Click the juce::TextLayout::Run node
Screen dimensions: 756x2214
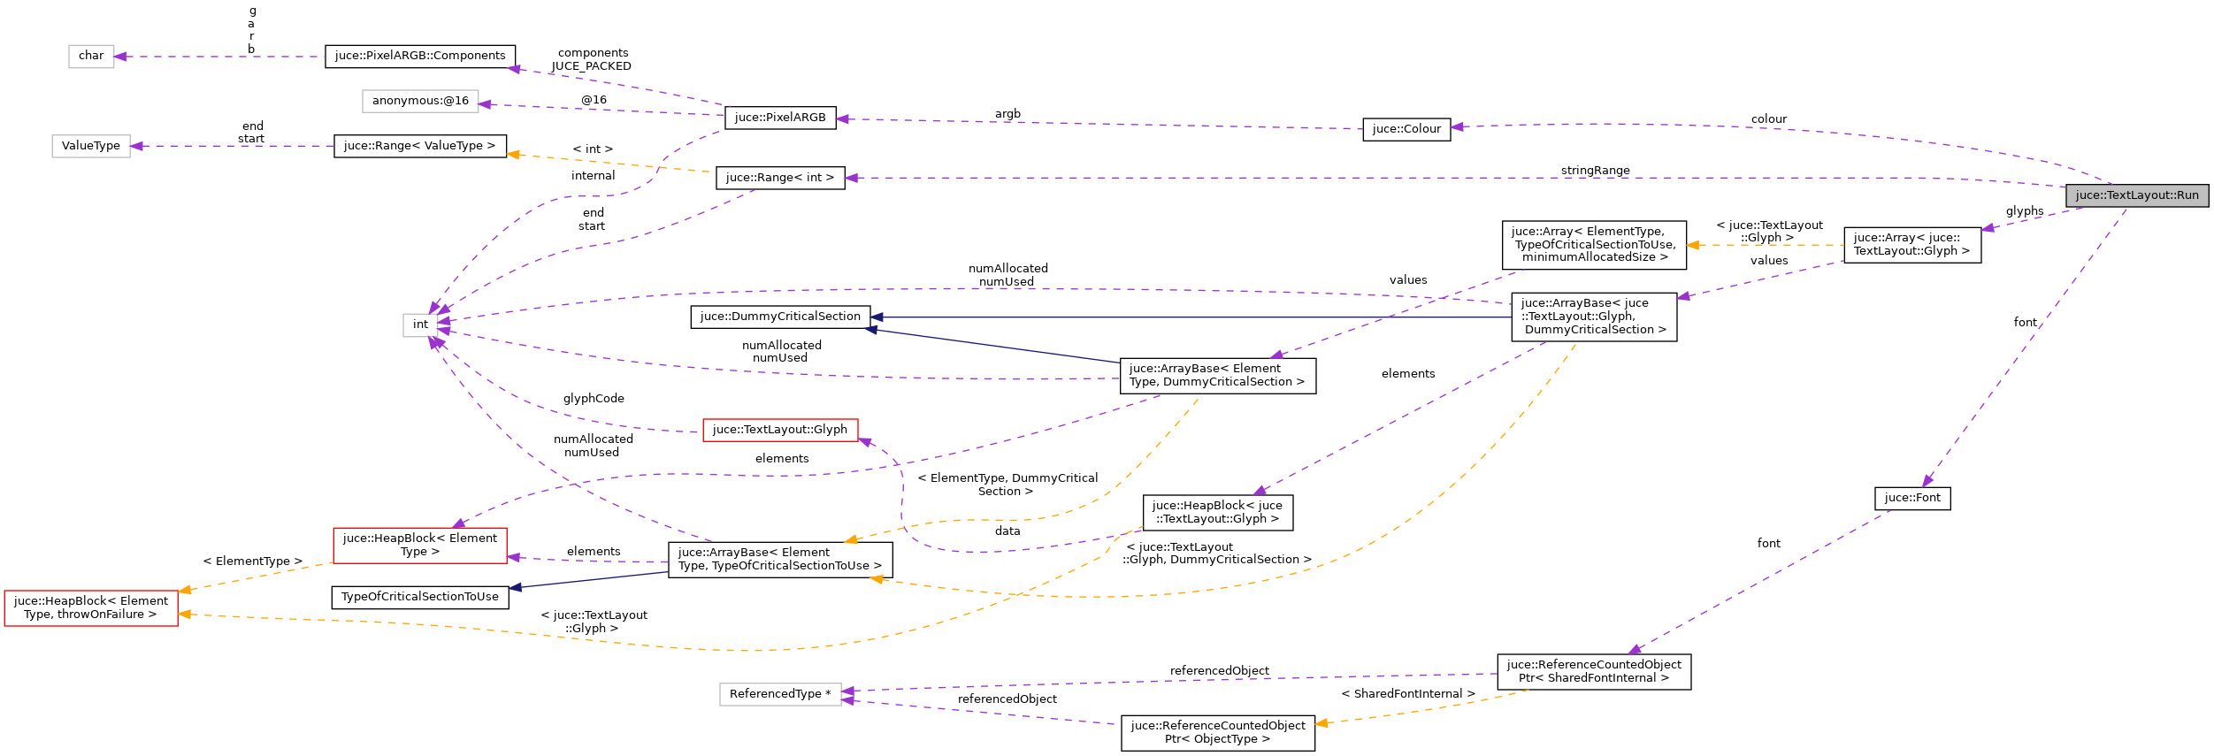point(2136,195)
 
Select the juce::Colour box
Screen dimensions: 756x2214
point(1406,129)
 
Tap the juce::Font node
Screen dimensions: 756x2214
point(1911,498)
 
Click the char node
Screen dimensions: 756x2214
point(91,56)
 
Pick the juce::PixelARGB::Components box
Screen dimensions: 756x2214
point(419,56)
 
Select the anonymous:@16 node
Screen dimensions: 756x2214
point(419,101)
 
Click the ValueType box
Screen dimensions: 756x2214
point(91,146)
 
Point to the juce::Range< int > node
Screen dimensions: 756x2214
point(779,178)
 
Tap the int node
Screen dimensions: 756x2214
point(420,325)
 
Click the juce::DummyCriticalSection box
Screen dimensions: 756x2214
point(779,317)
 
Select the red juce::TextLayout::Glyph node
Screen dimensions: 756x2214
point(779,430)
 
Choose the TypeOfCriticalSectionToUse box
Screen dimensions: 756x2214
point(419,597)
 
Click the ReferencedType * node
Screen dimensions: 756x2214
point(779,694)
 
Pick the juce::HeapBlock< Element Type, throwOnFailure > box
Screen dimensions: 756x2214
point(91,607)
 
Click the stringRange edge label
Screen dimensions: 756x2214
point(1595,171)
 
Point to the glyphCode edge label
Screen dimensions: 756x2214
point(594,399)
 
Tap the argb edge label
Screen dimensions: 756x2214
point(1007,114)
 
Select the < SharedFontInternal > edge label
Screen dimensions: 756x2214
point(1407,694)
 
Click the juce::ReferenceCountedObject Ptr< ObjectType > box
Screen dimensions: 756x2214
point(1217,732)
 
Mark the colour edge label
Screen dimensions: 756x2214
point(1768,119)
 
